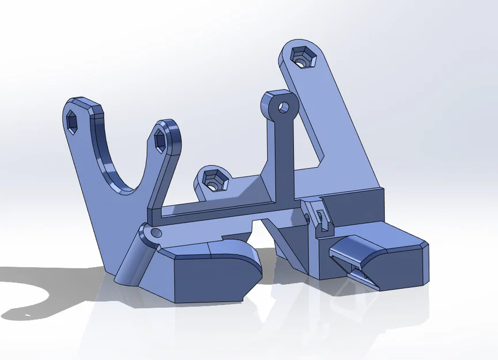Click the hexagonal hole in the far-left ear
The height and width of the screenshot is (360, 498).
pyautogui.click(x=74, y=122)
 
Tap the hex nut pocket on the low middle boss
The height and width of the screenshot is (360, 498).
pyautogui.click(x=212, y=180)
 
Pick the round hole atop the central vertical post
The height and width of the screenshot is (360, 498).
pyautogui.click(x=284, y=107)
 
